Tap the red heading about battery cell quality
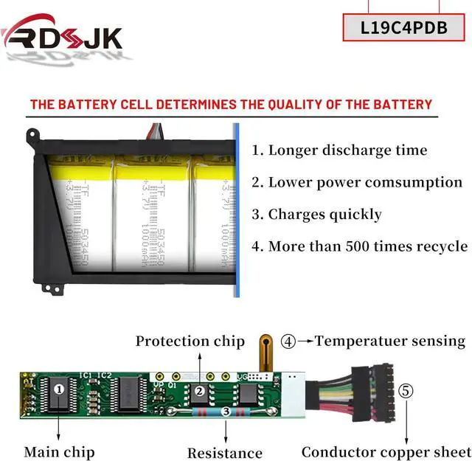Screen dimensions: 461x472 coord(231,104)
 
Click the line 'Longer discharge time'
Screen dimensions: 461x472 coord(339,150)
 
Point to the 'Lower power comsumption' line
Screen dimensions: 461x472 coord(357,182)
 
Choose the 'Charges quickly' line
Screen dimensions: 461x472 coord(316,215)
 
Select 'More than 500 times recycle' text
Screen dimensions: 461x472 coord(359,246)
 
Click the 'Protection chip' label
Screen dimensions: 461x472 coord(190,341)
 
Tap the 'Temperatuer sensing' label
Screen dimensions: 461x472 coord(390,341)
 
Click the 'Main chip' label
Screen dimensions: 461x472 coord(59,451)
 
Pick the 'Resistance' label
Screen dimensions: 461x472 coord(224,452)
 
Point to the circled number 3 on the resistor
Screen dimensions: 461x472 coord(226,412)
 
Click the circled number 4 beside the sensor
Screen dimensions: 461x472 coord(288,342)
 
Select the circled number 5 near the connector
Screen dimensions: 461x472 coord(405,391)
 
